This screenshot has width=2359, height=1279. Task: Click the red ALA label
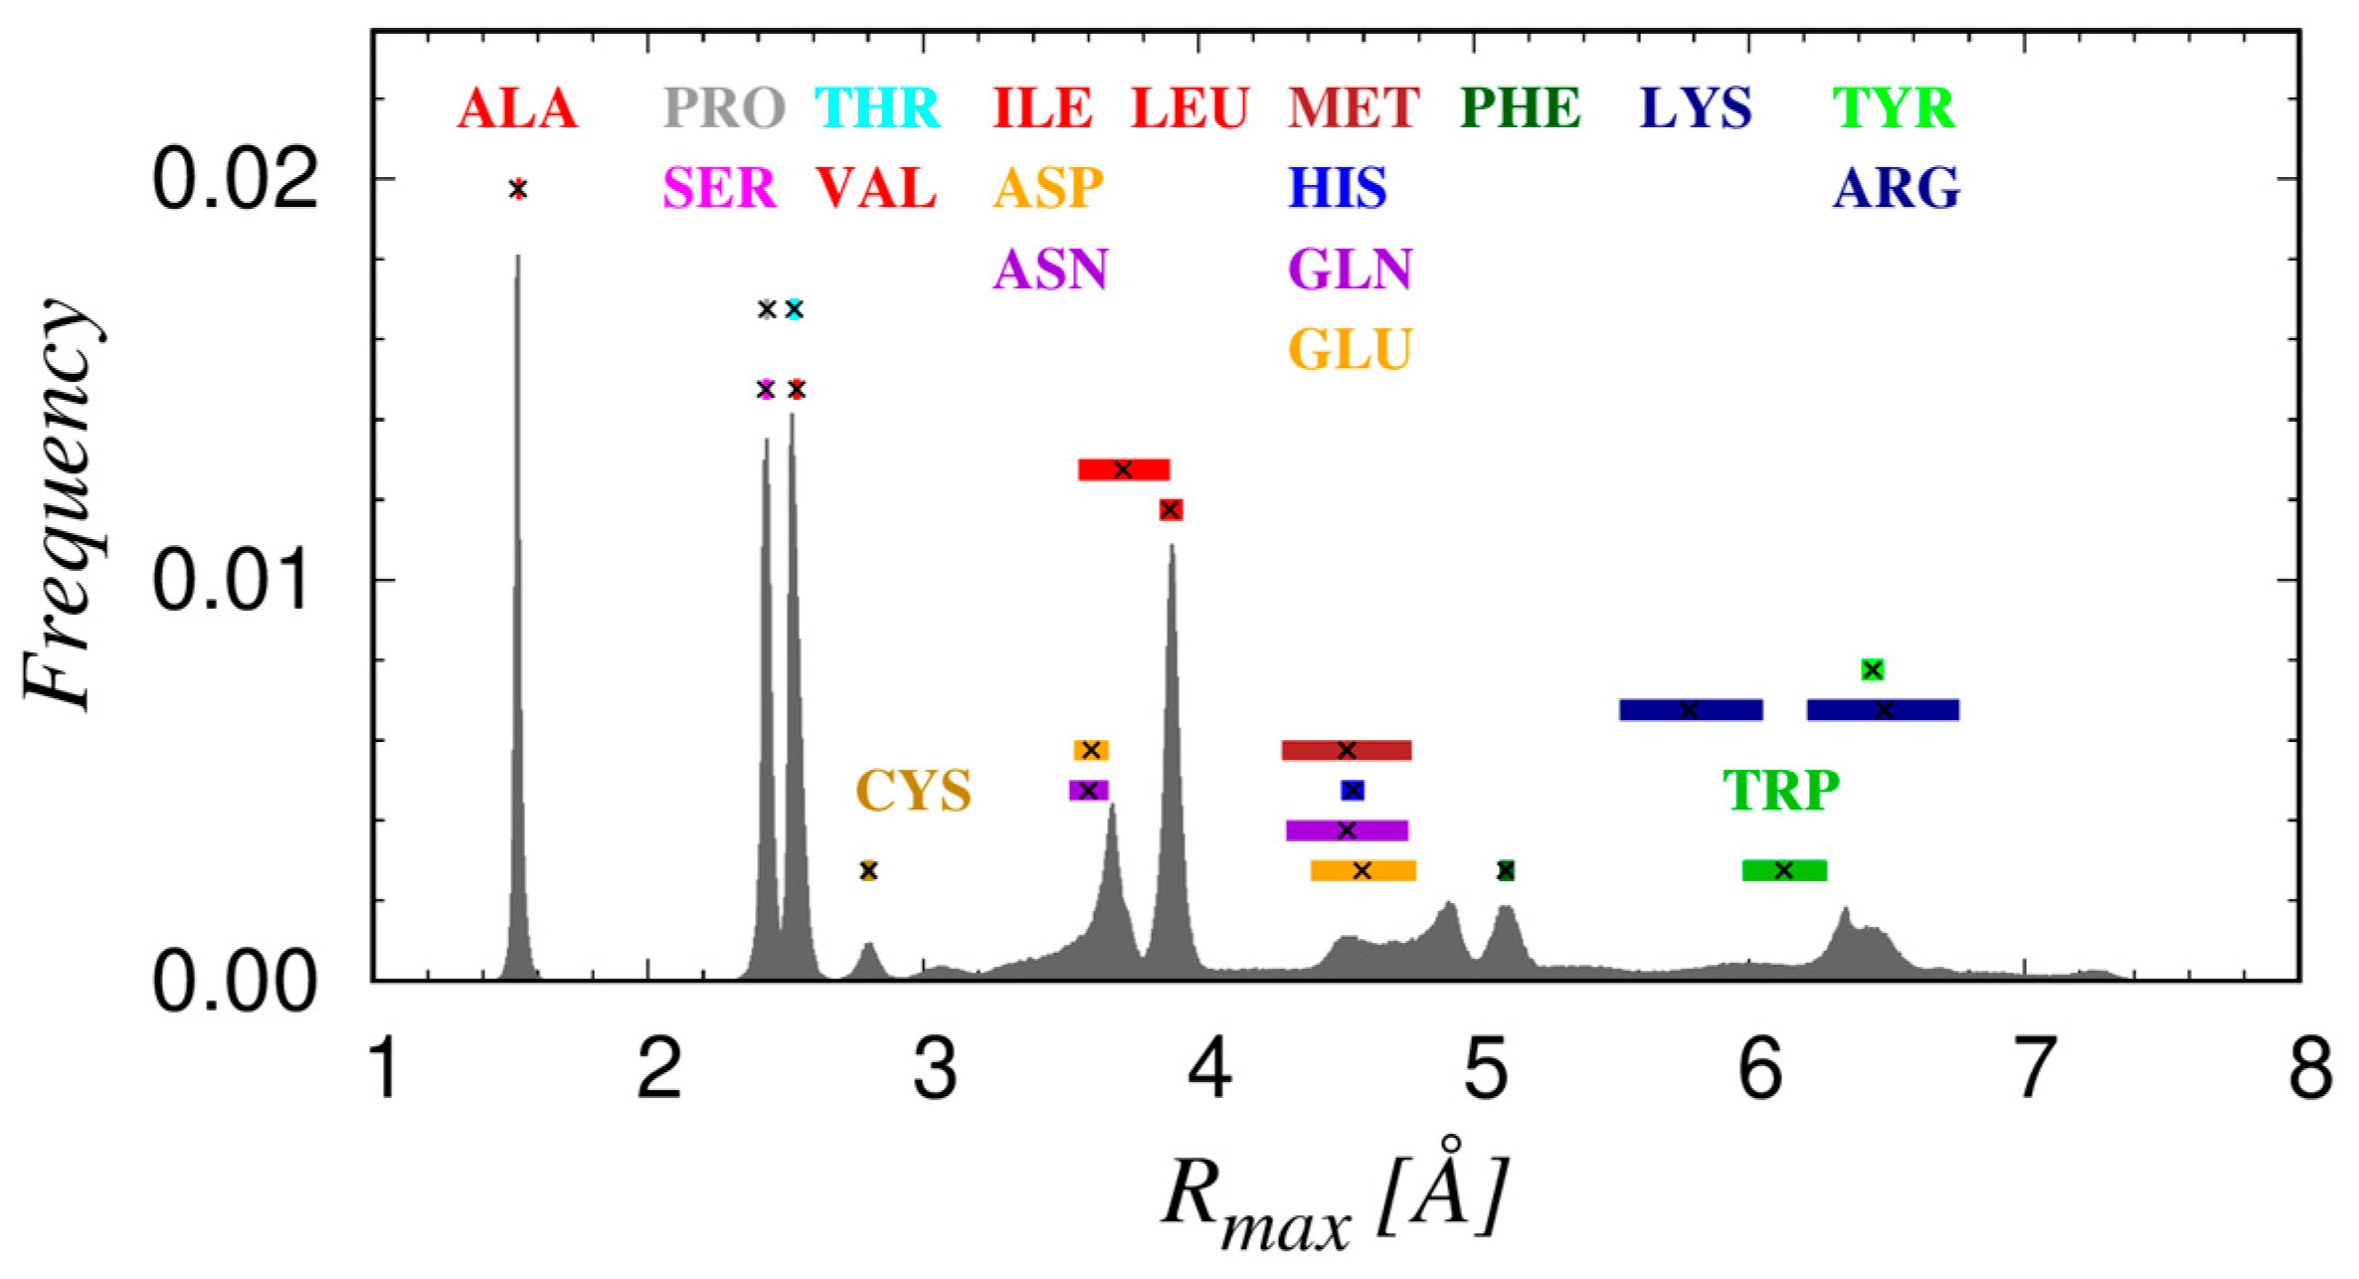[517, 108]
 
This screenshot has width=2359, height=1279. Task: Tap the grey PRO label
[724, 108]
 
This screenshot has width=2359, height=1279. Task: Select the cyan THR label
[877, 108]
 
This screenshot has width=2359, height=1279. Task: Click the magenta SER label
[719, 188]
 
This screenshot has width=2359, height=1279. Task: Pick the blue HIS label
[1338, 188]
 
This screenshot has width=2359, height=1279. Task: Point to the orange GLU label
[1351, 350]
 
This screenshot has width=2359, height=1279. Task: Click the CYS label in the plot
[913, 792]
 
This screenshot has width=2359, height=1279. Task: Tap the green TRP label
[1781, 792]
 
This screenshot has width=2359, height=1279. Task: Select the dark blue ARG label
[1897, 188]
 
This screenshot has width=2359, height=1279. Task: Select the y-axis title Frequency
[62, 505]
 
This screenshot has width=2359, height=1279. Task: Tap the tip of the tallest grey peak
[517, 257]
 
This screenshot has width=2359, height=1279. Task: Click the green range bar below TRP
[1784, 870]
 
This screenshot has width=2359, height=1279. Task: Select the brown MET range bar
[1347, 750]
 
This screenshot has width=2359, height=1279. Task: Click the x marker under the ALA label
[517, 189]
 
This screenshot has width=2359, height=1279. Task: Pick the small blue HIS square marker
[1353, 791]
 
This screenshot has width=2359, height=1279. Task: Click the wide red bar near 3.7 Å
[1124, 469]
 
